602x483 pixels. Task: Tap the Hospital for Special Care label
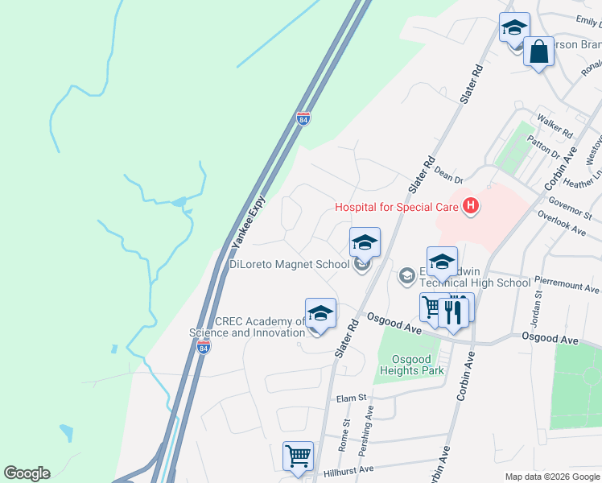pos(397,207)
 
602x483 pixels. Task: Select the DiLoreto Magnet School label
pos(289,263)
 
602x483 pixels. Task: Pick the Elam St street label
pos(351,398)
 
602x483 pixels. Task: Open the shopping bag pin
pos(539,52)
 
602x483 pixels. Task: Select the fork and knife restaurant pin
pos(454,311)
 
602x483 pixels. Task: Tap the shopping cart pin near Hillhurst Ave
pos(298,456)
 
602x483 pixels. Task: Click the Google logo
pos(27,473)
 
